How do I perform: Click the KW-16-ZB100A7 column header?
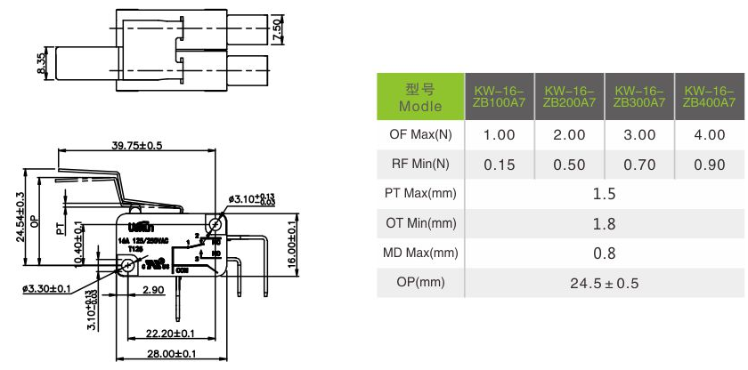(x=499, y=97)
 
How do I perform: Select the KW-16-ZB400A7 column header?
(x=709, y=97)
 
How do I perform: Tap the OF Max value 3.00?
(x=638, y=135)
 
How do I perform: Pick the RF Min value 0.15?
(x=499, y=165)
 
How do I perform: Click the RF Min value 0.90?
(x=709, y=165)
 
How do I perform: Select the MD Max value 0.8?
(x=604, y=253)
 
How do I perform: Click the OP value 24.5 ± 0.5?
(x=604, y=284)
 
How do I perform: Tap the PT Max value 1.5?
(x=604, y=194)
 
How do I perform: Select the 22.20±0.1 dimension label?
(x=166, y=334)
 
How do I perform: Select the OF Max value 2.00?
(x=569, y=135)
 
